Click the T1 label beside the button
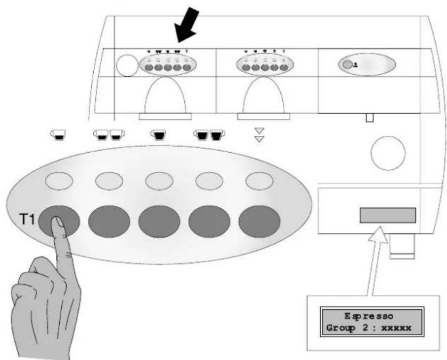27,220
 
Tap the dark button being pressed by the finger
59,221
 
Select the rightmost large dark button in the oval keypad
259,221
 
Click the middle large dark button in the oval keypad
159,221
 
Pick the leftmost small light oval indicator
59,181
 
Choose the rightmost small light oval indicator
259,181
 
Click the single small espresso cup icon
58,135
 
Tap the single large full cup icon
158,135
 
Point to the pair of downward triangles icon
259,135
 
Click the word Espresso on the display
369,316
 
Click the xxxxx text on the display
396,328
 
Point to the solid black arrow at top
186,25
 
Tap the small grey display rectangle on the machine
388,215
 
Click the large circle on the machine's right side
388,153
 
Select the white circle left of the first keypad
127,66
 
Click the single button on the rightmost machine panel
347,64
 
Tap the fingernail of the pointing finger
59,222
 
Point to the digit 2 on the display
365,328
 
